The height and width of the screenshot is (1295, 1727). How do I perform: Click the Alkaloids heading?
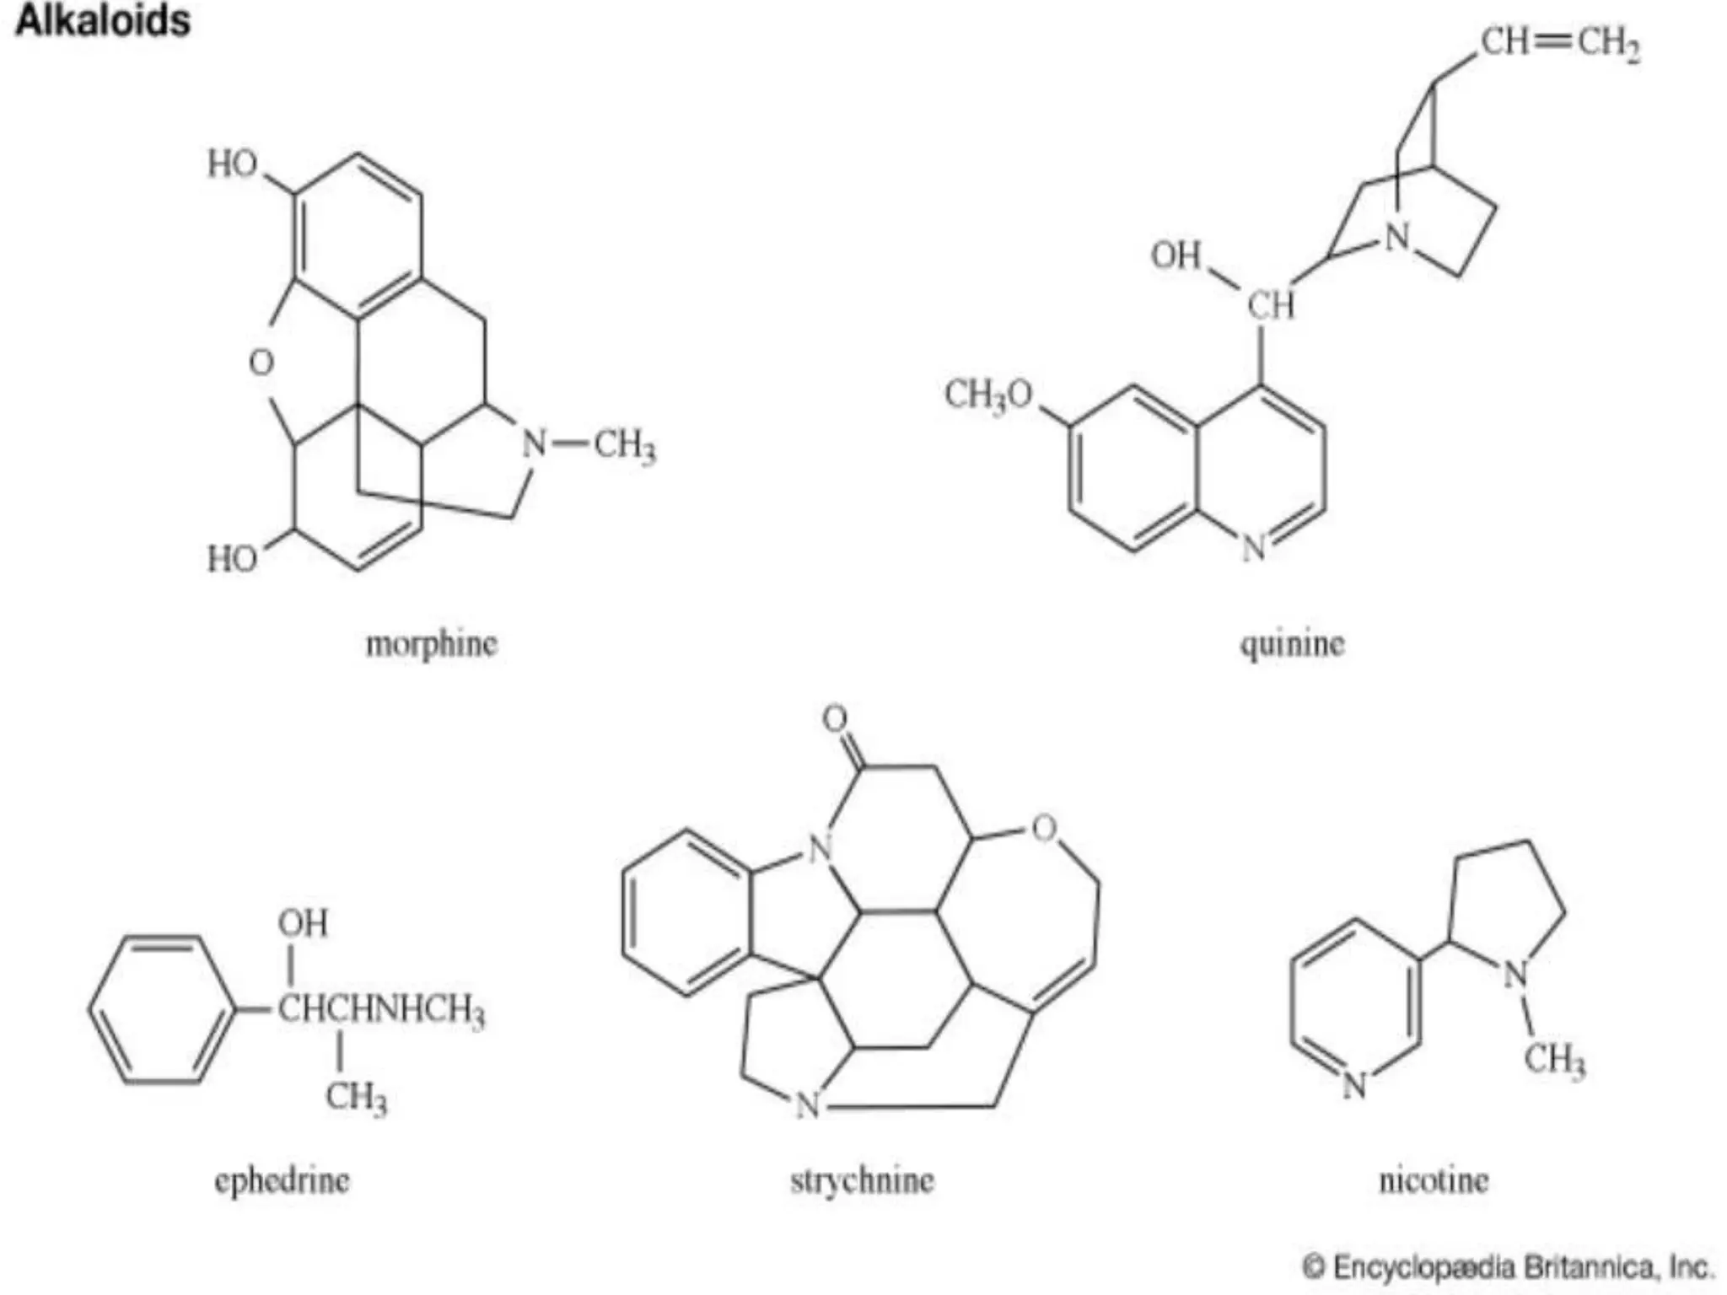(103, 21)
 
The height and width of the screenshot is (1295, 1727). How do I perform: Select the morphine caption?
(431, 645)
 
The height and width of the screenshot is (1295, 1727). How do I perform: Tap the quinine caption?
(1291, 645)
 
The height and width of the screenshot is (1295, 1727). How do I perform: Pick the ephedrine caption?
(282, 1180)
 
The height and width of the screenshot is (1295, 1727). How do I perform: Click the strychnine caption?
(862, 1180)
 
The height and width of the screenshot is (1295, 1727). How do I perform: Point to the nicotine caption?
(1434, 1180)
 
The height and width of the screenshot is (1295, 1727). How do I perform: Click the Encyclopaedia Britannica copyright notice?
(1508, 1267)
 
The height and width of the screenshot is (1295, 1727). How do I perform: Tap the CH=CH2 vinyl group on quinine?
(1560, 42)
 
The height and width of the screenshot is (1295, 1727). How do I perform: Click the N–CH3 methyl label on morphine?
(625, 444)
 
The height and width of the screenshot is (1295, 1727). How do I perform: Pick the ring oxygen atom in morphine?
(261, 363)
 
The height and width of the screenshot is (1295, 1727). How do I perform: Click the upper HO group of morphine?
(233, 164)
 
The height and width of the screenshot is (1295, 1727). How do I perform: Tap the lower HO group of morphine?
(233, 558)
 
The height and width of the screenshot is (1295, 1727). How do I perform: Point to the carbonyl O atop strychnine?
(835, 719)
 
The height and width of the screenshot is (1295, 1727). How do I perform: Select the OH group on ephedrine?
(303, 923)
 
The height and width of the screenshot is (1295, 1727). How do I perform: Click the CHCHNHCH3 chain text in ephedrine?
(381, 1009)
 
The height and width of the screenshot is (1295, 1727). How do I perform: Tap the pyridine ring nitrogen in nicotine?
(1354, 1084)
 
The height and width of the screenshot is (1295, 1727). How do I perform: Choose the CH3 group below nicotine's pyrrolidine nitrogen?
(1554, 1059)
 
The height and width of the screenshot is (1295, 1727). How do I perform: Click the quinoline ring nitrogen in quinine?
(1255, 548)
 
